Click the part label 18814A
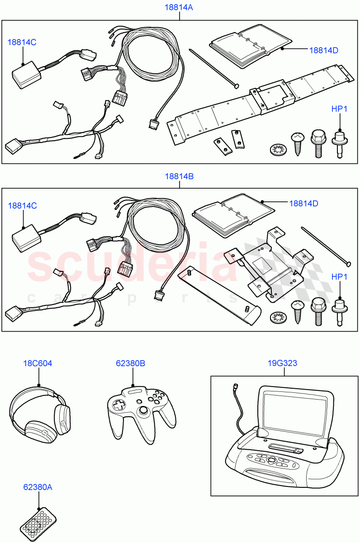coord(180,7)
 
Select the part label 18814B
coord(180,176)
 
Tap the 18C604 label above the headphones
coord(38,363)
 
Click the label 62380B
coord(133,363)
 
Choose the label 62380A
coord(38,487)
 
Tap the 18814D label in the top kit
coord(323,50)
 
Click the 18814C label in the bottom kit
coord(22,205)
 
